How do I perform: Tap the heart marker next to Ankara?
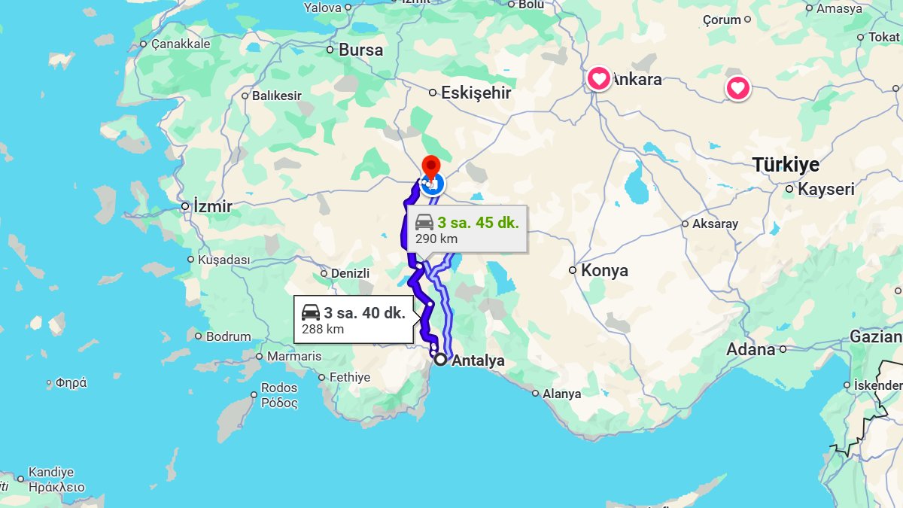coord(599,78)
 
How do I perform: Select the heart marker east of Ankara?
coord(737,89)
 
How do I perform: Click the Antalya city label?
coord(478,361)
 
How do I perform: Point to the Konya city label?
coord(604,271)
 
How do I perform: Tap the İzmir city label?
coord(212,206)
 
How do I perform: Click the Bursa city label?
coord(360,50)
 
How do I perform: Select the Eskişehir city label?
coord(476,93)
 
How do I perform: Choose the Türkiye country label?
coord(786,165)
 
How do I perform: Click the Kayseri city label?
coord(826,190)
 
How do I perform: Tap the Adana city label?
coord(750,350)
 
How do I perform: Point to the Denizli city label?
coord(350,274)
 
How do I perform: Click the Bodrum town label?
coord(228,336)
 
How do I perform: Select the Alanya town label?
coord(561,394)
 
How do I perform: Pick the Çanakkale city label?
coord(181,44)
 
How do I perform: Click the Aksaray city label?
coord(715,224)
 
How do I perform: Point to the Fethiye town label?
coord(351,378)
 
